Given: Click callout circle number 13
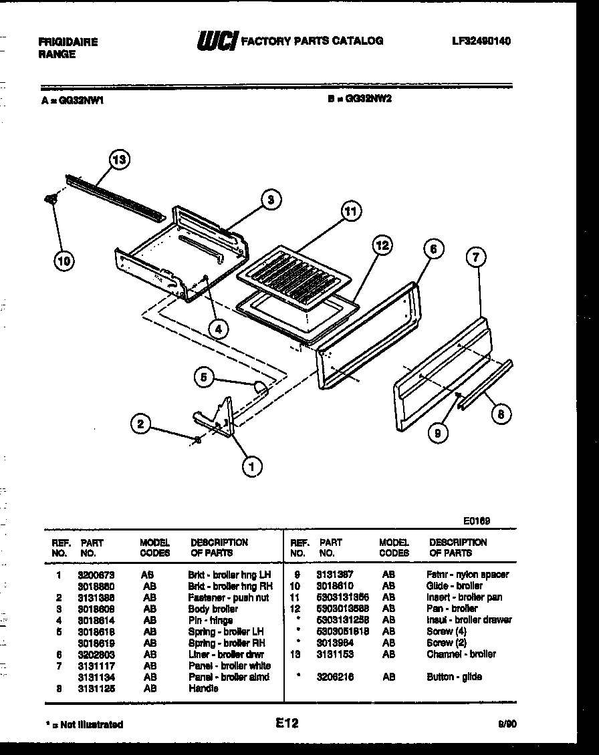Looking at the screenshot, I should [120, 160].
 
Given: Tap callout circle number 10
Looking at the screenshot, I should [64, 261].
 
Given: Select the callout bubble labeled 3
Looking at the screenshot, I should [270, 199].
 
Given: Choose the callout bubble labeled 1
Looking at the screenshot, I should [251, 468].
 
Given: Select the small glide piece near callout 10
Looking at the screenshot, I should [50, 198].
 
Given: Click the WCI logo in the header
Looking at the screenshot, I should [216, 41].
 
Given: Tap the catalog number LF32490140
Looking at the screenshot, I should [481, 41].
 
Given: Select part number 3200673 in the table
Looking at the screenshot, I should [96, 575].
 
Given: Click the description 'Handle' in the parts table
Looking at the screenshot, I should [203, 688].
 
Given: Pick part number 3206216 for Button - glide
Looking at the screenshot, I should [335, 677].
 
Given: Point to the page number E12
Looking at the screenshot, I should [285, 723].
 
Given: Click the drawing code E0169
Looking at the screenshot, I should [477, 520].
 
